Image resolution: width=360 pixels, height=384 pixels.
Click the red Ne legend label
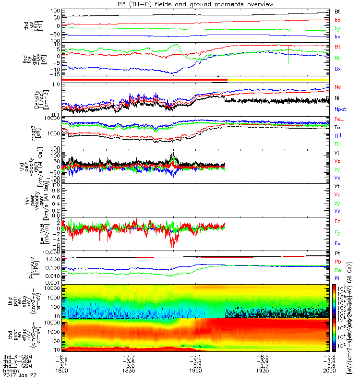coord(338,87)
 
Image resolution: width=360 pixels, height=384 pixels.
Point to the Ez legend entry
coord(338,220)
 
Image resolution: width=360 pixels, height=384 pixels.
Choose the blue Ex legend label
coord(338,244)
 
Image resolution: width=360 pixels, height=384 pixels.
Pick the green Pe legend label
coord(338,270)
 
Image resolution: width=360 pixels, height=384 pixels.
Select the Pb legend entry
coord(338,262)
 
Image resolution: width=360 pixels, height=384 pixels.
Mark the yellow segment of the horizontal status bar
coord(278,79)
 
